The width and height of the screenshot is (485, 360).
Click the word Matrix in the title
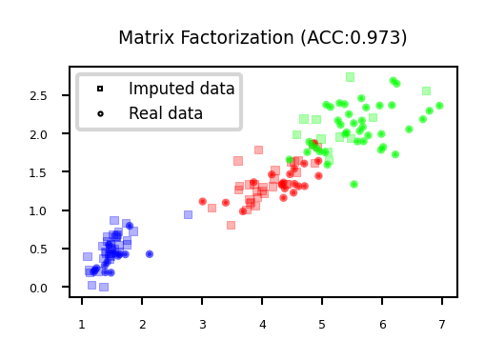pyautogui.click(x=145, y=38)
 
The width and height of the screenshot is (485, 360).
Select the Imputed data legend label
pyautogui.click(x=181, y=89)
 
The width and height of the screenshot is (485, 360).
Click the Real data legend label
pyautogui.click(x=166, y=113)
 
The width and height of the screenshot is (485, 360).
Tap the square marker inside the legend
pyautogui.click(x=99, y=89)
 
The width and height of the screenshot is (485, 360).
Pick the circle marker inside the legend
pyautogui.click(x=99, y=113)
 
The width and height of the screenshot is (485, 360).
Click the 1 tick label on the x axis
pyautogui.click(x=82, y=326)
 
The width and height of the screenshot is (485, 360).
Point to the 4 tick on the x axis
pyautogui.click(x=262, y=326)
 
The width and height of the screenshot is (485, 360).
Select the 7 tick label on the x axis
pyautogui.click(x=442, y=326)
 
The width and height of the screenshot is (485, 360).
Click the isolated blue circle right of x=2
pyautogui.click(x=149, y=254)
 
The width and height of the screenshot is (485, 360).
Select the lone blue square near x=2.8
pyautogui.click(x=188, y=214)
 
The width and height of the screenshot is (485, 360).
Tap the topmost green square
pyautogui.click(x=350, y=76)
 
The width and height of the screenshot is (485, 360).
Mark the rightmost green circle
pyautogui.click(x=439, y=106)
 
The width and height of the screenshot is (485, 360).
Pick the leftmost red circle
pyautogui.click(x=202, y=201)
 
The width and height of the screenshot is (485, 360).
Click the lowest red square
pyautogui.click(x=231, y=225)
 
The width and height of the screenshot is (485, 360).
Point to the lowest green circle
pyautogui.click(x=354, y=184)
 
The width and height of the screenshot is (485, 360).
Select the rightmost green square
pyautogui.click(x=426, y=90)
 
